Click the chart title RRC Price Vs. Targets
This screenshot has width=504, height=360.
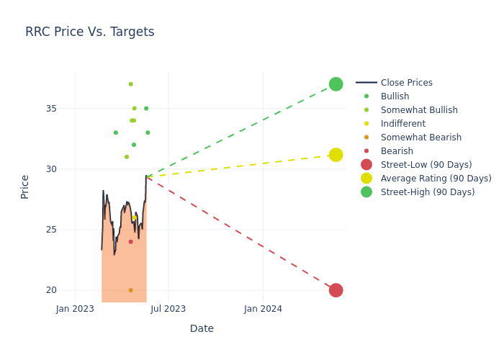(90, 32)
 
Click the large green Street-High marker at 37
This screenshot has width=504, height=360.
(336, 84)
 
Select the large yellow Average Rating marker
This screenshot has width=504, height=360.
(336, 155)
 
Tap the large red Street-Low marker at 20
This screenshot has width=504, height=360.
(336, 290)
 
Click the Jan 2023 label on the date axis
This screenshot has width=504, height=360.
(75, 309)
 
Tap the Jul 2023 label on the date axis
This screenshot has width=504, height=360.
(168, 309)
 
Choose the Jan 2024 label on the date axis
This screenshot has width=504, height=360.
(263, 309)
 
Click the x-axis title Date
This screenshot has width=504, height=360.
(202, 328)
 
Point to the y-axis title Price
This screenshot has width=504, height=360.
(25, 186)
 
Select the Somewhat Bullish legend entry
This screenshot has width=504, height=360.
(419, 110)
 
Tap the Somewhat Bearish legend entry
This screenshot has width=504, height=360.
(420, 138)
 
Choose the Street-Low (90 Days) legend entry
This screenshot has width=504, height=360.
(426, 165)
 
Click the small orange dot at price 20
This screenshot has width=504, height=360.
(130, 290)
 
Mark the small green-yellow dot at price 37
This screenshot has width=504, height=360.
(130, 84)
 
